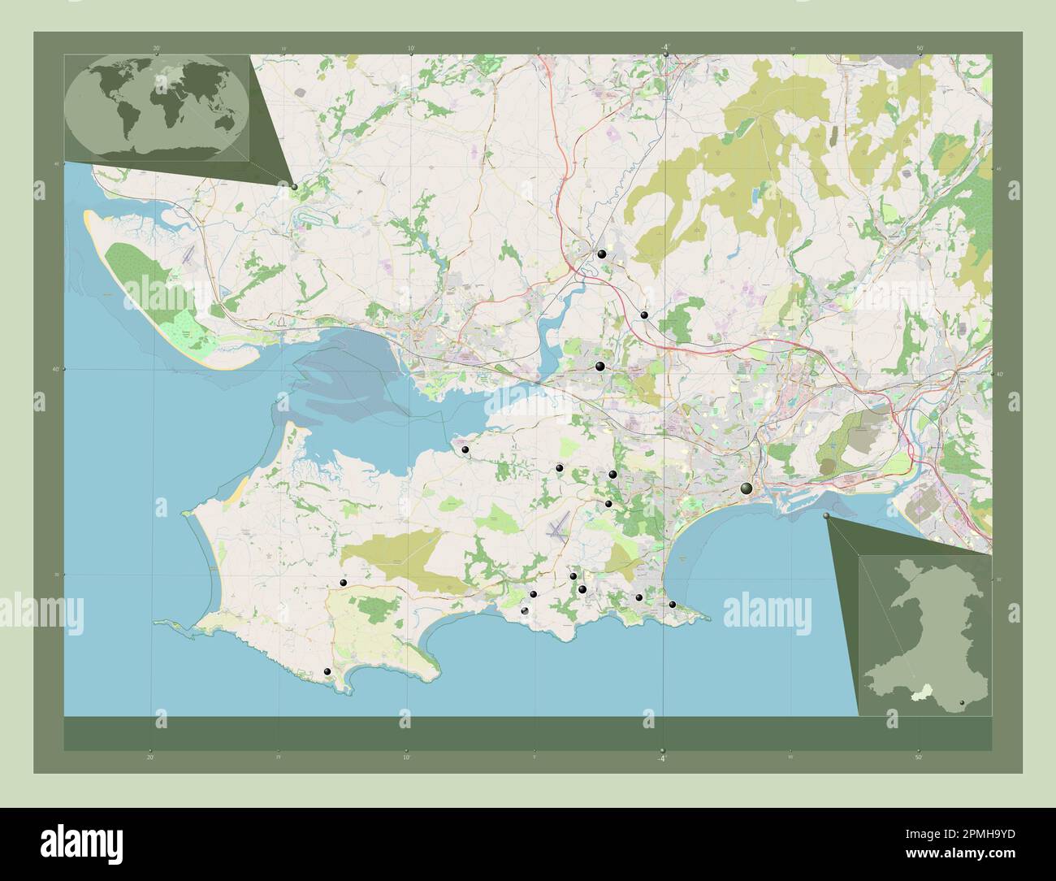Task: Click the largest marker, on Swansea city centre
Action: click(x=747, y=488)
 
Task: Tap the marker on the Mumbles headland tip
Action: click(x=672, y=604)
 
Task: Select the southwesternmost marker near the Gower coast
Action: click(x=327, y=671)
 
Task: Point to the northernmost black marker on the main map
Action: click(x=601, y=254)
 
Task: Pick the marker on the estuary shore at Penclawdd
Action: click(x=465, y=449)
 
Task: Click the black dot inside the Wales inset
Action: click(x=962, y=702)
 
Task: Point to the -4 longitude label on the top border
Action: click(x=664, y=48)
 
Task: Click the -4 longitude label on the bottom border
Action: click(x=662, y=757)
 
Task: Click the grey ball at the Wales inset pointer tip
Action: click(x=827, y=516)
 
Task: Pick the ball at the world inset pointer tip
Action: click(x=294, y=187)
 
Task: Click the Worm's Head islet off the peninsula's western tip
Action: click(x=167, y=623)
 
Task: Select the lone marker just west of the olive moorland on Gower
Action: click(x=344, y=583)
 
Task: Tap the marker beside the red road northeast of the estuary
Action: click(x=643, y=315)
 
